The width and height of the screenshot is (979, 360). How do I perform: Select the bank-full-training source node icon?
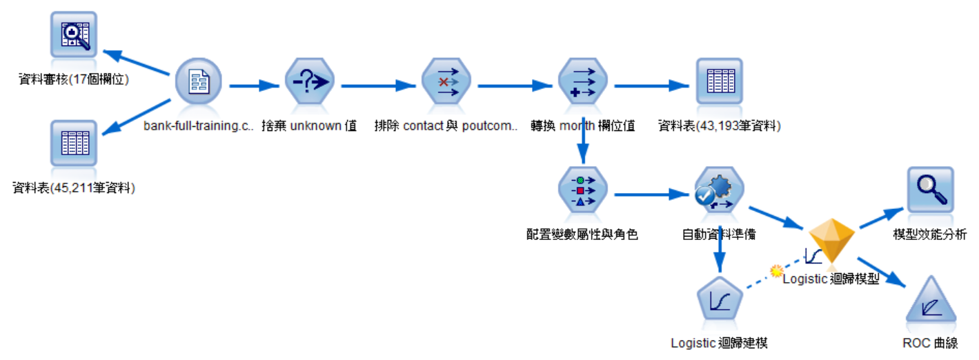pos(198,85)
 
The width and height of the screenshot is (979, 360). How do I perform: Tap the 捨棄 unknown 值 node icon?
pos(309,85)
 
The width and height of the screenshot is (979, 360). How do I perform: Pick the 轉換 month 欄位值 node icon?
pos(583,85)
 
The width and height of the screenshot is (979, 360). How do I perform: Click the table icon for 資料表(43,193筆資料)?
pos(719,83)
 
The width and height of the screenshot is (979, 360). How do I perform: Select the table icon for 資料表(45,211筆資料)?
pos(74,143)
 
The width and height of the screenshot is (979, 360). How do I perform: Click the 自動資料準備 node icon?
pos(719,192)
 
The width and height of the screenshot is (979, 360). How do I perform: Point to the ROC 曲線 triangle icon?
pos(930,302)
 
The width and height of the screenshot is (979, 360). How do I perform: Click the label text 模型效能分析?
pos(929,235)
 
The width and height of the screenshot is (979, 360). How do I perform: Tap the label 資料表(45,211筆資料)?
pos(74,188)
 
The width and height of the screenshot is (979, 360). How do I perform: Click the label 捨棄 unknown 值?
pos(309,127)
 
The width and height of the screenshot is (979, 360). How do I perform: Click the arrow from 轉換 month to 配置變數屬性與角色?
pos(584,141)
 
